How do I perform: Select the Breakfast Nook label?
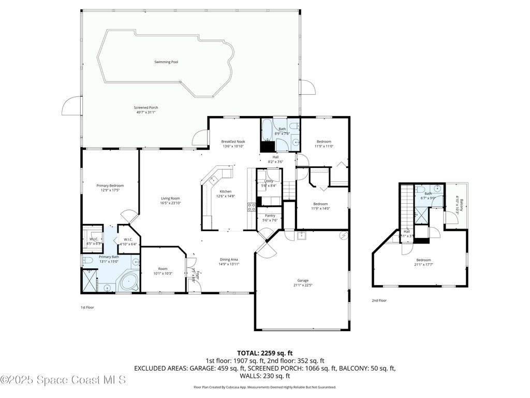coord(233,141)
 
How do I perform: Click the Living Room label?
coord(170,198)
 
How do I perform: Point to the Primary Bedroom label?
coord(110,186)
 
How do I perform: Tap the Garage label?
coord(303,280)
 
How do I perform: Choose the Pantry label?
coord(270,215)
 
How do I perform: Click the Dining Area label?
coord(229,259)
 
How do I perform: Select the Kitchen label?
coord(226,191)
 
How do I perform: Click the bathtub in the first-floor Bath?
coord(267,130)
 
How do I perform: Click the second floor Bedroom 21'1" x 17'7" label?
coord(423,260)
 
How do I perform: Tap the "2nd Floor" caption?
coord(379,301)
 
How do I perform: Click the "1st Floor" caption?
coord(87,307)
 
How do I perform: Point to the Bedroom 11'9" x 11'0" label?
coord(324,141)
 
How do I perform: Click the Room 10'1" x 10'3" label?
coord(163,268)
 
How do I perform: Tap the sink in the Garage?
coord(301,236)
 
